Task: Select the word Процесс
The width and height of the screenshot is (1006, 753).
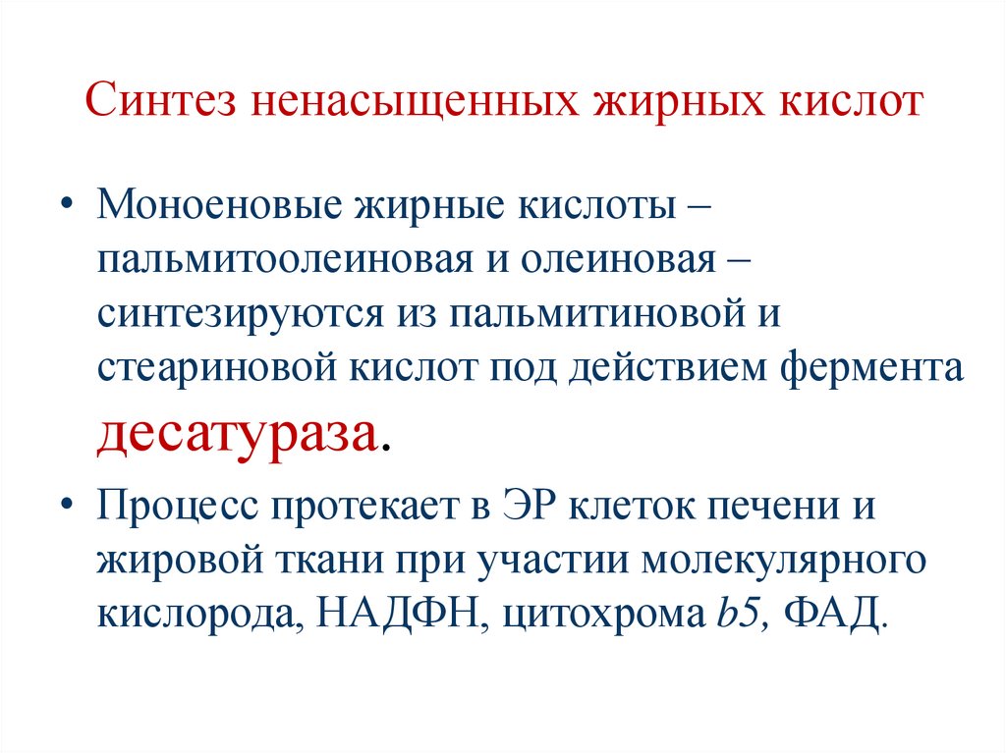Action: pyautogui.click(x=178, y=510)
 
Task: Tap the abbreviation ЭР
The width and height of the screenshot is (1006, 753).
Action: pyautogui.click(x=524, y=510)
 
